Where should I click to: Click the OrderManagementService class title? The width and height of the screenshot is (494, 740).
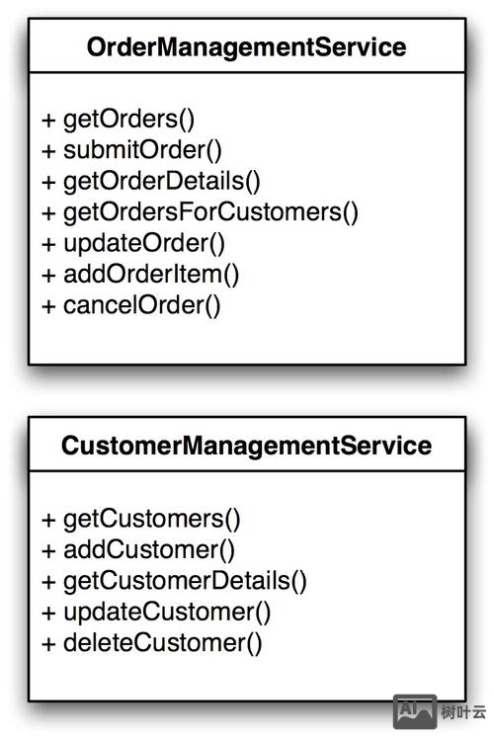click(x=246, y=47)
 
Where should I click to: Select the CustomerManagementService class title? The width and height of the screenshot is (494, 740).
click(x=246, y=446)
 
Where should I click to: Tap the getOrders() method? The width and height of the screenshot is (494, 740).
click(x=128, y=120)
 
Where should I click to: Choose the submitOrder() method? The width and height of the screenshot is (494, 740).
click(x=142, y=150)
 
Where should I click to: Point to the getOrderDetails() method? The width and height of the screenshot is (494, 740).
click(x=162, y=182)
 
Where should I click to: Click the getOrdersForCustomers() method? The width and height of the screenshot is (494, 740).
click(x=210, y=212)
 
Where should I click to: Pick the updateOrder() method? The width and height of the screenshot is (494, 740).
click(x=144, y=243)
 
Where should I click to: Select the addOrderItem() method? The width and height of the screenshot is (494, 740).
click(x=151, y=275)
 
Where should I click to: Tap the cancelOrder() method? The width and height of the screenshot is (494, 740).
click(x=142, y=305)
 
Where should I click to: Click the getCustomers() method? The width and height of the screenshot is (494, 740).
click(x=152, y=519)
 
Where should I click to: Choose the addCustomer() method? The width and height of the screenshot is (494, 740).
click(x=149, y=549)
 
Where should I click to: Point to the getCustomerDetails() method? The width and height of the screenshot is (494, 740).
click(x=185, y=581)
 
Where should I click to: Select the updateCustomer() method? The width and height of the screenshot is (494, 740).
click(x=167, y=613)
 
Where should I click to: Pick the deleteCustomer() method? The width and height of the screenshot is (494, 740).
click(x=162, y=643)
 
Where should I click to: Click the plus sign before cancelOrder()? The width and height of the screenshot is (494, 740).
click(x=48, y=306)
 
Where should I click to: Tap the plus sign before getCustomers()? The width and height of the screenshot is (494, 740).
click(x=48, y=520)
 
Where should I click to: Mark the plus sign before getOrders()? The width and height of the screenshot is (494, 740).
click(x=48, y=121)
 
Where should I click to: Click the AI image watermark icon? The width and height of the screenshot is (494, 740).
click(x=415, y=711)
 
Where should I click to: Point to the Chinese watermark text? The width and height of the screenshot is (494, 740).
click(x=463, y=712)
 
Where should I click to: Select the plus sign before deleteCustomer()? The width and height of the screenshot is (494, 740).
click(x=48, y=645)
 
